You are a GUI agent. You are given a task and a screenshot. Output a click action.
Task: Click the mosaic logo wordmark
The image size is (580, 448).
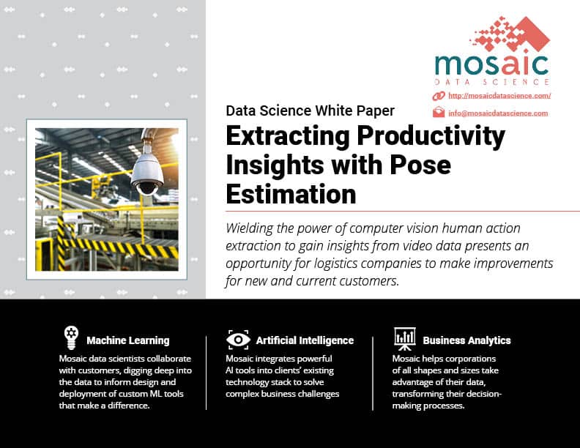491,65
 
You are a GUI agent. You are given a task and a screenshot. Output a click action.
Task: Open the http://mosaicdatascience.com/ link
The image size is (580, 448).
499,96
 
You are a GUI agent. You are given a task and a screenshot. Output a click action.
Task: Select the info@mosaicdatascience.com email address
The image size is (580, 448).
498,113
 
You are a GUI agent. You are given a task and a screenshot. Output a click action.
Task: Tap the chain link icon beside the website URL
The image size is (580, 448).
439,96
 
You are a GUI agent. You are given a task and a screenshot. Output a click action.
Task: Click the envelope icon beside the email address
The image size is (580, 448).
439,112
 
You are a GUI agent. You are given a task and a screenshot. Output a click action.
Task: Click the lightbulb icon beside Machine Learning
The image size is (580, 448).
71,337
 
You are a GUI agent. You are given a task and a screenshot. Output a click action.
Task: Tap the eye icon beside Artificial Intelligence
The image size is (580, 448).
238,340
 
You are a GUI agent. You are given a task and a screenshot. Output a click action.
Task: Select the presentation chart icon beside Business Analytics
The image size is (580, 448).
405,339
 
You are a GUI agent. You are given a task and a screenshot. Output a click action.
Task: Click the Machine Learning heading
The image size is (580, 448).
128,340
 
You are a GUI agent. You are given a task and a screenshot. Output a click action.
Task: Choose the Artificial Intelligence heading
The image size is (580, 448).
305,340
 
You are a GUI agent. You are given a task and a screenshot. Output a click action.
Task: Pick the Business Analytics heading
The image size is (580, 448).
466,340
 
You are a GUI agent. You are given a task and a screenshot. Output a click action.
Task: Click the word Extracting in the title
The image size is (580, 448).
288,136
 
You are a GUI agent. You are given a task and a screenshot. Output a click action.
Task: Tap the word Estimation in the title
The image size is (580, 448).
291,194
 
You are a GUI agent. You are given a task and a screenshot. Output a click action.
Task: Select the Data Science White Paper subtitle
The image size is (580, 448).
311,111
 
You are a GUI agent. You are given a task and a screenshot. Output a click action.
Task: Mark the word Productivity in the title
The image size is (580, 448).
431,136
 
